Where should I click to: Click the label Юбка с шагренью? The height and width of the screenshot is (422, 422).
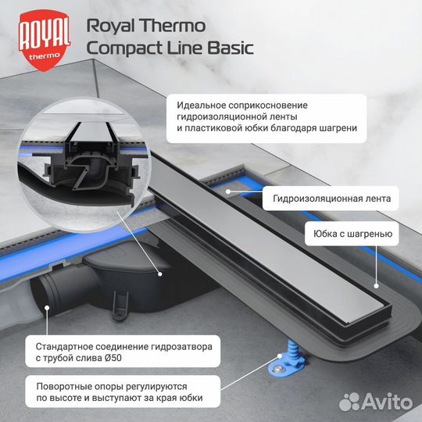(x=353, y=233)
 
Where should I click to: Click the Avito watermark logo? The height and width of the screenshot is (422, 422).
(x=381, y=400)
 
